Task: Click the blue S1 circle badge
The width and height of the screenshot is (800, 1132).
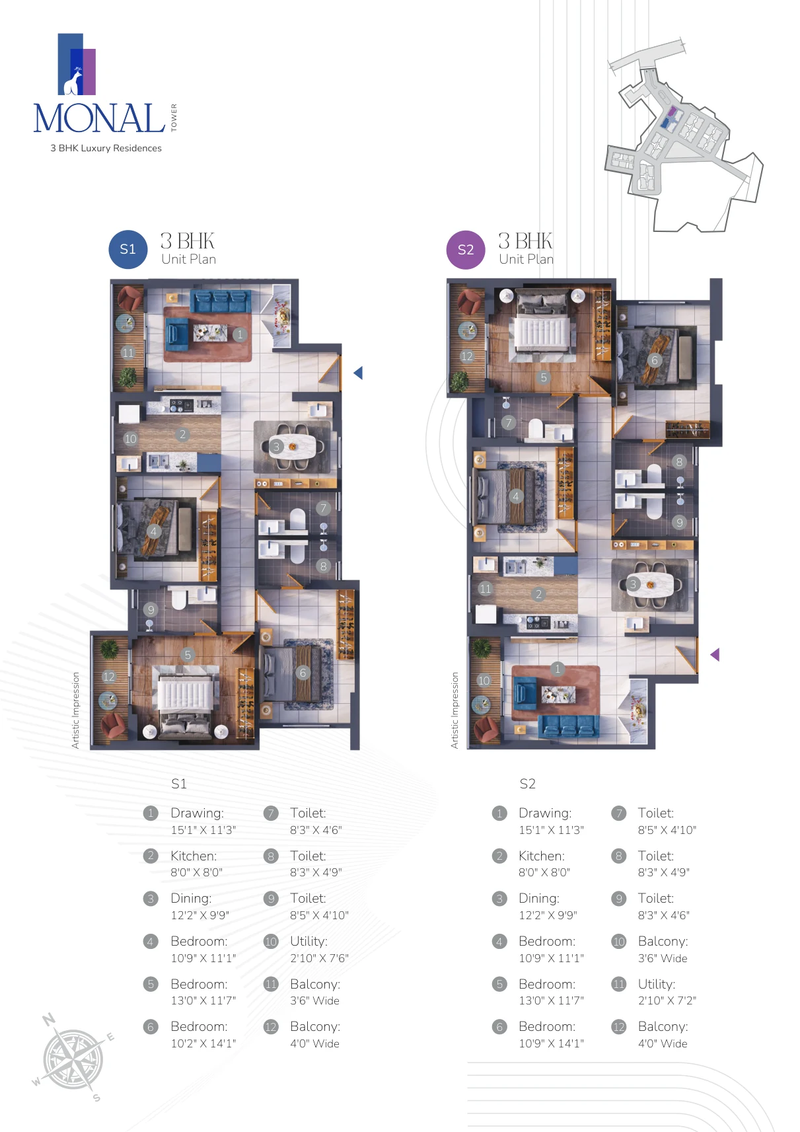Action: pyautogui.click(x=127, y=249)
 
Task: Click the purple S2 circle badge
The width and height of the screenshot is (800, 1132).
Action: pyautogui.click(x=466, y=249)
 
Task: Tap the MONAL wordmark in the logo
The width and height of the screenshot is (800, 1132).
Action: pyautogui.click(x=100, y=118)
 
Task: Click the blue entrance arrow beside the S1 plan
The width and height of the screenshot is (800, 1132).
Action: pyautogui.click(x=358, y=373)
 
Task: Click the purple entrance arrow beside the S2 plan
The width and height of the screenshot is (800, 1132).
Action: pyautogui.click(x=715, y=655)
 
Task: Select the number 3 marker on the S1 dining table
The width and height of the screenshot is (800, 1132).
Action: pyautogui.click(x=275, y=447)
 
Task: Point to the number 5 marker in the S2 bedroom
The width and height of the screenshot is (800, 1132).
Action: pyautogui.click(x=544, y=377)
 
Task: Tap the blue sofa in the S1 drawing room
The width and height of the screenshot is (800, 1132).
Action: pyautogui.click(x=220, y=301)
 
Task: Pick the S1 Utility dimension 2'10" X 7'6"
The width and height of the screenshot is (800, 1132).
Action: pyautogui.click(x=319, y=958)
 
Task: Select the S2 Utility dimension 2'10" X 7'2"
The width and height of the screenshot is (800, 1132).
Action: pyautogui.click(x=667, y=1000)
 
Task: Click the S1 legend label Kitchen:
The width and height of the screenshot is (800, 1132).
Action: pyautogui.click(x=194, y=856)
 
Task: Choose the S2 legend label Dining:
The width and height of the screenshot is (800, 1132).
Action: pyautogui.click(x=539, y=899)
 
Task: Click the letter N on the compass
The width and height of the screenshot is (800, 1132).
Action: pyautogui.click(x=49, y=1019)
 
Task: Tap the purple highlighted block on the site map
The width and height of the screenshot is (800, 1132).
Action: pyautogui.click(x=673, y=111)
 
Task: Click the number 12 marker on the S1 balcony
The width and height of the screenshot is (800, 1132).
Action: pyautogui.click(x=108, y=677)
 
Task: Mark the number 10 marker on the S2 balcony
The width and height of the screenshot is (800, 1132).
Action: pyautogui.click(x=484, y=681)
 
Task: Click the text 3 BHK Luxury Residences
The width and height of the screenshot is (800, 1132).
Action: pyautogui.click(x=106, y=148)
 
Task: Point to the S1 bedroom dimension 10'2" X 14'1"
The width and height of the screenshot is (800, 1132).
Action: pyautogui.click(x=203, y=1043)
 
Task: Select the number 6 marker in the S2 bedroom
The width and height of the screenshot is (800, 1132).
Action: pyautogui.click(x=655, y=360)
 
